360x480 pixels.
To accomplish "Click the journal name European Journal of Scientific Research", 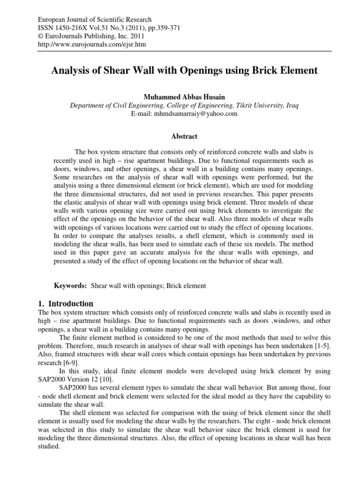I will (x=94, y=20).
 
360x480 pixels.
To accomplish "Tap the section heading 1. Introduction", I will (x=65, y=303).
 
